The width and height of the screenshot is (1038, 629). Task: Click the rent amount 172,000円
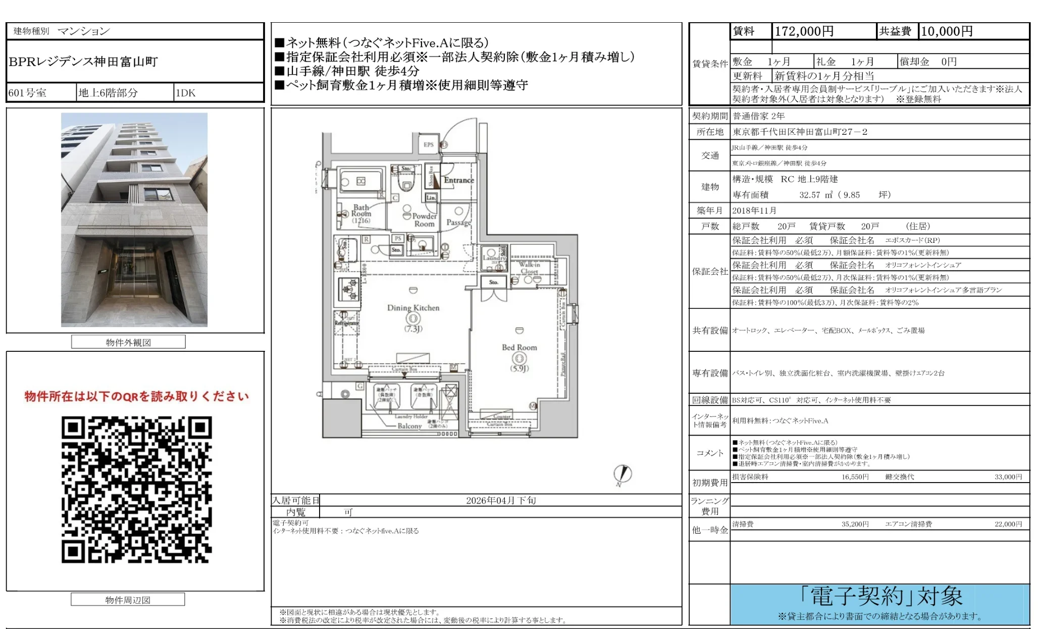pyautogui.click(x=804, y=31)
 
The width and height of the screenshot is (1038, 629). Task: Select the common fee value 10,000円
pyautogui.click(x=947, y=31)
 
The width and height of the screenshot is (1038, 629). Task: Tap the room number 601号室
pyautogui.click(x=28, y=93)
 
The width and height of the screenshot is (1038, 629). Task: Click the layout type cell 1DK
pyautogui.click(x=185, y=93)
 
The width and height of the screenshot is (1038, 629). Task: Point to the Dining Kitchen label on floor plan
pyautogui.click(x=413, y=308)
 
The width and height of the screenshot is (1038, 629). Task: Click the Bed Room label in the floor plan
pyautogui.click(x=519, y=347)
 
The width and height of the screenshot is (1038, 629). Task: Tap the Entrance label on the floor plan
pyautogui.click(x=458, y=180)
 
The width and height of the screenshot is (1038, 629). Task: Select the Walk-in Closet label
pyautogui.click(x=529, y=268)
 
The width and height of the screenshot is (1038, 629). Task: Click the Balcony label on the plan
pyautogui.click(x=409, y=426)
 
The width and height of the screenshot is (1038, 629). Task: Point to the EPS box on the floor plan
pyautogui.click(x=429, y=145)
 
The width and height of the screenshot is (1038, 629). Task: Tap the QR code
pyautogui.click(x=136, y=489)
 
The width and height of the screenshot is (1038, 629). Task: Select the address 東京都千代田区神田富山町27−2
pyautogui.click(x=800, y=132)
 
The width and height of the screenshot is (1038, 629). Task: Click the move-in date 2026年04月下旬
pyautogui.click(x=500, y=500)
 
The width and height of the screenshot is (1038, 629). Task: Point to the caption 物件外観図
pyautogui.click(x=128, y=342)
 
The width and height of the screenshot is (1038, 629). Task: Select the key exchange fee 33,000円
pyautogui.click(x=1008, y=477)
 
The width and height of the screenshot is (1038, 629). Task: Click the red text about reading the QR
pyautogui.click(x=136, y=396)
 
